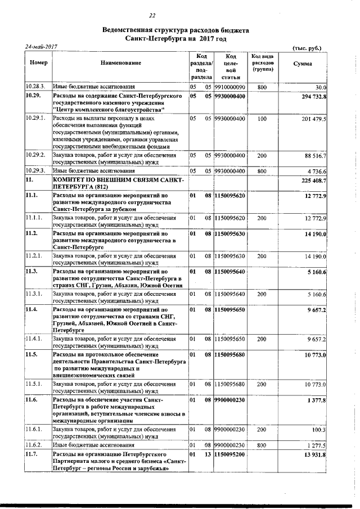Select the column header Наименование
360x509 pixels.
pyautogui.click(x=121, y=64)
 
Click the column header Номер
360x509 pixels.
pyautogui.click(x=38, y=64)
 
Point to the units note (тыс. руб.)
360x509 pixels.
pyautogui.click(x=307, y=48)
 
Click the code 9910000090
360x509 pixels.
pyautogui.click(x=230, y=87)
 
